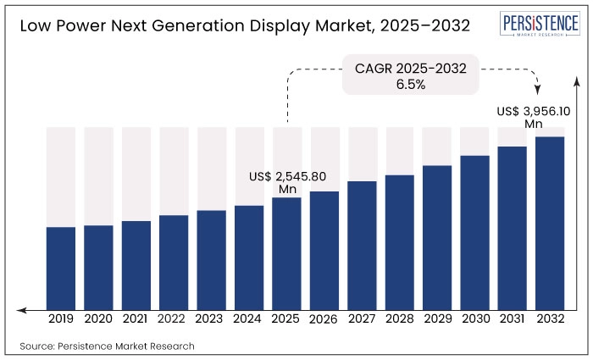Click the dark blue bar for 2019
tap(61, 268)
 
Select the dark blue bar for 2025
tap(287, 253)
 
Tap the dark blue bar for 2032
tap(550, 223)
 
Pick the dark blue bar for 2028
tap(400, 242)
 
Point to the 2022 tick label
tap(174, 320)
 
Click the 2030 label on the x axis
tap(475, 320)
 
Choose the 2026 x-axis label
tap(324, 320)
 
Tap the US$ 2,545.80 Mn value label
tap(288, 183)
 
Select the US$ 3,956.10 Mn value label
tap(533, 118)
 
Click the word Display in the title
tap(258, 25)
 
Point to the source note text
tap(107, 346)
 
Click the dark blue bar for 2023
tap(212, 259)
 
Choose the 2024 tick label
tap(249, 320)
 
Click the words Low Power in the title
tap(56, 25)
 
